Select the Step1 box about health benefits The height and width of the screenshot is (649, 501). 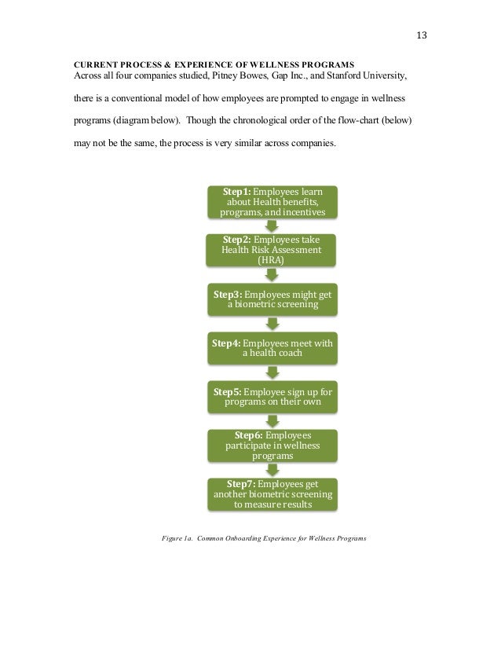pos(272,202)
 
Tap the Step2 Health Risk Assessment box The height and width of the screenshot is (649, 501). pos(272,250)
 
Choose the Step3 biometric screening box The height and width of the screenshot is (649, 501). pos(272,299)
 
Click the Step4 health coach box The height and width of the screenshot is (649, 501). pos(272,348)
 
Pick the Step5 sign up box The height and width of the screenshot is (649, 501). pos(272,397)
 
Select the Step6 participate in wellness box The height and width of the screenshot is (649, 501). pos(272,445)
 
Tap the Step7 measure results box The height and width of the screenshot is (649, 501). pos(272,493)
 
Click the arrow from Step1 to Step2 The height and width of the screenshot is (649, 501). pos(272,225)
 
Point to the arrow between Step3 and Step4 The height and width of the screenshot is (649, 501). pos(272,324)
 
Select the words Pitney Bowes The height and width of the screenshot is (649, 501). pos(213,76)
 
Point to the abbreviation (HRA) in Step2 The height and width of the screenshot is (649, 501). pos(272,260)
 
